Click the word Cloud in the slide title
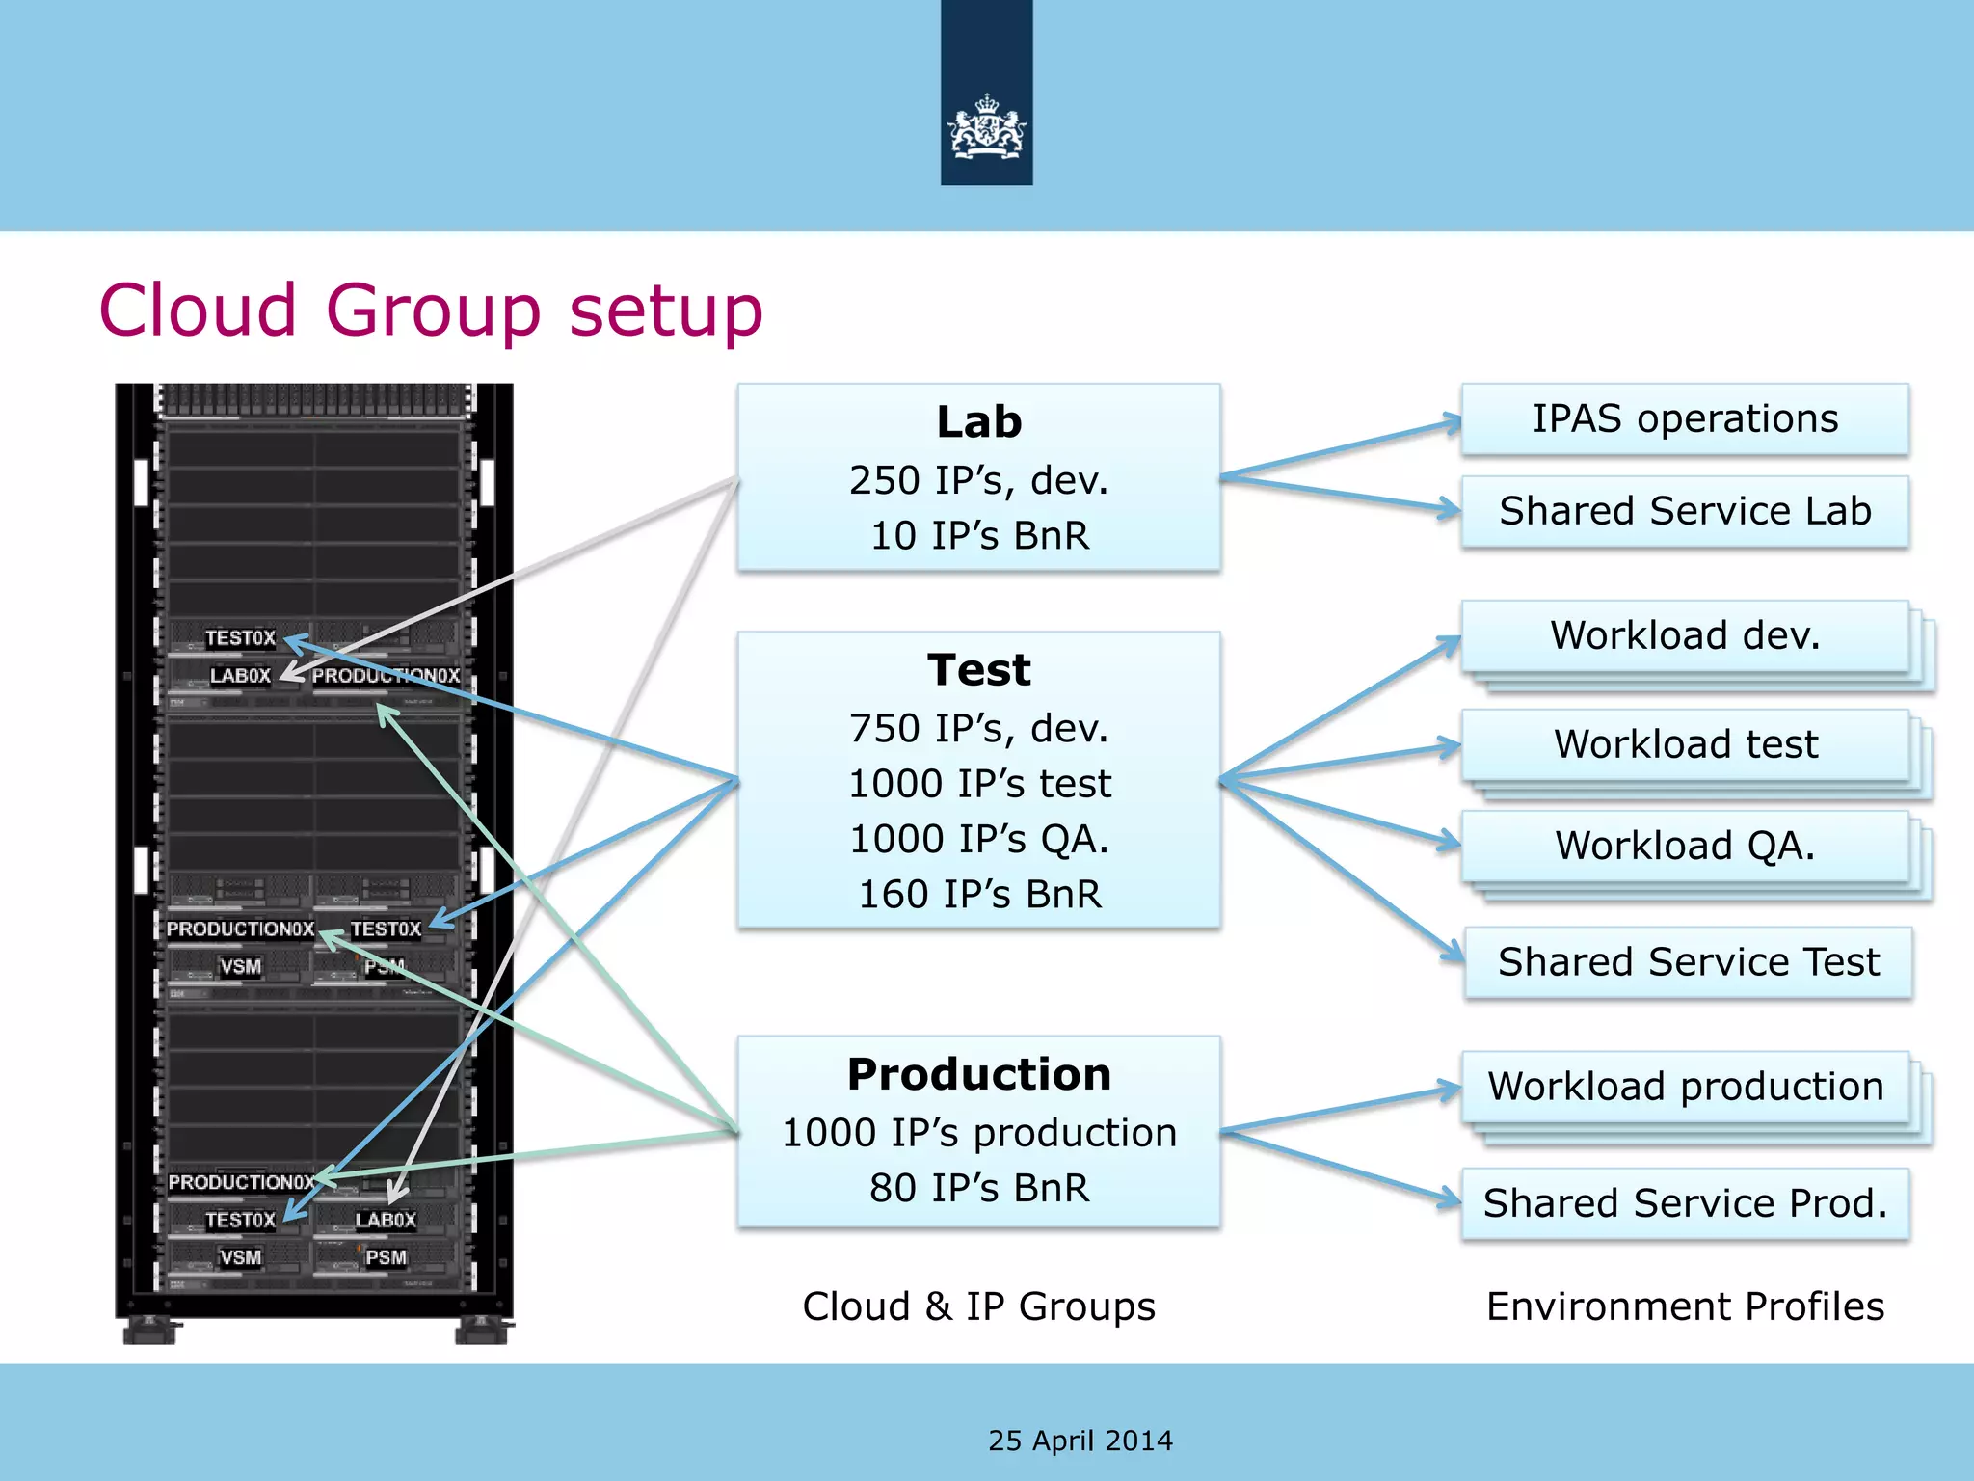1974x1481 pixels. click(198, 310)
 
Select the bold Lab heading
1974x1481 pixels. click(978, 422)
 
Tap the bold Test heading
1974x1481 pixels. click(978, 670)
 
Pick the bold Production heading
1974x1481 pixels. click(978, 1074)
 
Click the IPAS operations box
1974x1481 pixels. click(1684, 419)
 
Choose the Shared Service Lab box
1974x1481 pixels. click(1684, 511)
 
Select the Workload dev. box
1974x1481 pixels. click(1684, 636)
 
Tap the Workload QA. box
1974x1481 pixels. click(1684, 846)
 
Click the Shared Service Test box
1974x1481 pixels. click(1688, 962)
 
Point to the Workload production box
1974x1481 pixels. click(1684, 1087)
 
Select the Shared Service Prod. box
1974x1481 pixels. click(1684, 1203)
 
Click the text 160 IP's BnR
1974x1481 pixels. click(978, 895)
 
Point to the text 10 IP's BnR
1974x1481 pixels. click(978, 536)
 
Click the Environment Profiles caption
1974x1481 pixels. click(1684, 1307)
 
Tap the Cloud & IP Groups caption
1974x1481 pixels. click(978, 1307)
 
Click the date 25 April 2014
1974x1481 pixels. click(1080, 1441)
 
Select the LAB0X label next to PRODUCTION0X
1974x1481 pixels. click(240, 676)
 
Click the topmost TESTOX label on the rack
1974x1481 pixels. click(240, 638)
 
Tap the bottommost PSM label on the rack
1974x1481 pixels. click(386, 1258)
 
